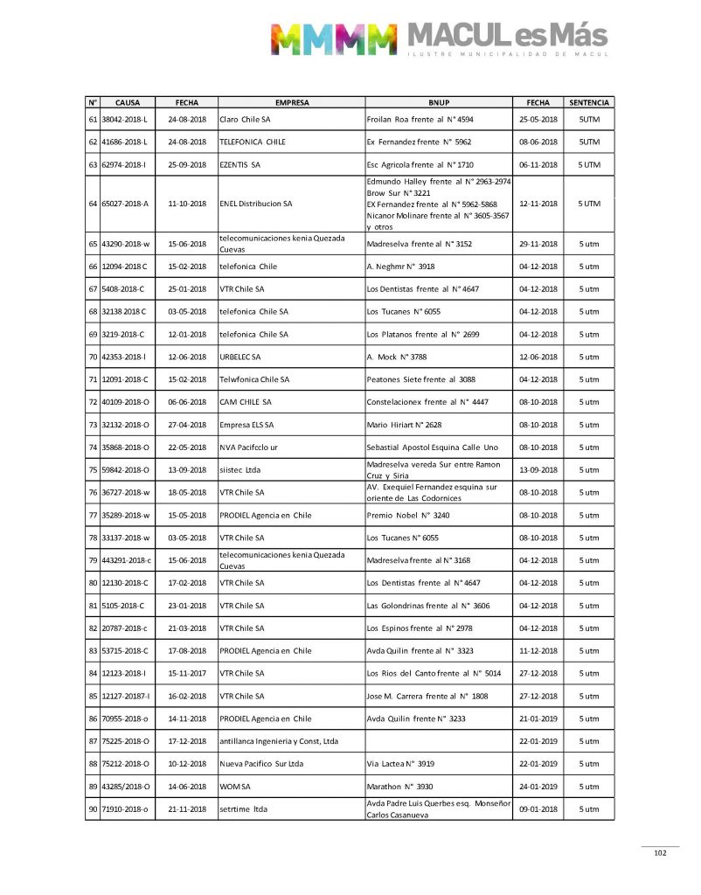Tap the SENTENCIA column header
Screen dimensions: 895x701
(x=588, y=102)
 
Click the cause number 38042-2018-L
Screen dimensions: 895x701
(x=119, y=118)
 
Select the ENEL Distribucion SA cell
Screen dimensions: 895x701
(x=255, y=204)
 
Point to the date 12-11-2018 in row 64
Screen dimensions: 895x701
(x=538, y=204)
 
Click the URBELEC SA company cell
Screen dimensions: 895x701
(x=239, y=357)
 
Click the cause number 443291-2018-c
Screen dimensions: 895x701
(x=121, y=560)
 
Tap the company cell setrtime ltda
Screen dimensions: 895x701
(x=243, y=809)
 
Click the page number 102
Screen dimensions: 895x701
(x=660, y=854)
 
